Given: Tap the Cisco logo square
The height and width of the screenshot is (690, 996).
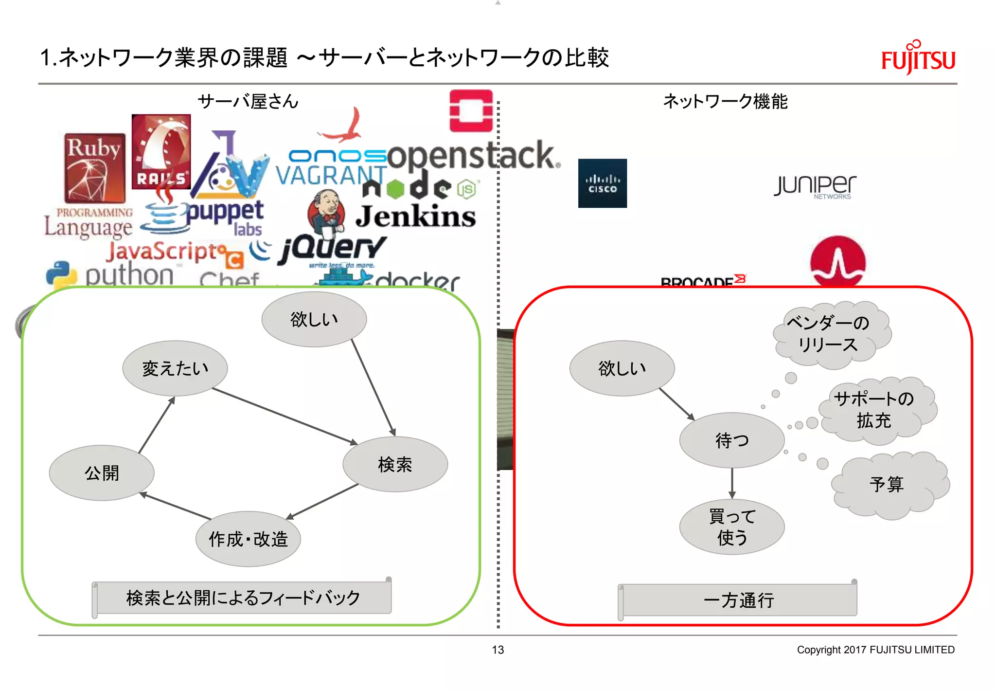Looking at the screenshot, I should (x=602, y=183).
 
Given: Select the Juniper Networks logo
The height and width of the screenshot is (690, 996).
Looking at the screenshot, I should (x=815, y=186).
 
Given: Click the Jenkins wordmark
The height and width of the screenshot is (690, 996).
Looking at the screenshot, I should (x=416, y=217).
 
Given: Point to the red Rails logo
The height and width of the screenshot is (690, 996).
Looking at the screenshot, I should (x=161, y=152).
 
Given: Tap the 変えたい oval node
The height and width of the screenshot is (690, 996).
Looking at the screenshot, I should (x=175, y=368).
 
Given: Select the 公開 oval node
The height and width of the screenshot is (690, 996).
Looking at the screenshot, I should (x=102, y=472).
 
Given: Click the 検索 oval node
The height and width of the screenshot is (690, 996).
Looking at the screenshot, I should (x=395, y=464).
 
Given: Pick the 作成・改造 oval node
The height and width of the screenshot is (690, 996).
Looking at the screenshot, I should (x=248, y=539).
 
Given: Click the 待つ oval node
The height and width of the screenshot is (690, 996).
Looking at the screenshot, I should (x=732, y=440).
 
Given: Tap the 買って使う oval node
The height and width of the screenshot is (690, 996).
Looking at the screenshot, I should (x=732, y=527).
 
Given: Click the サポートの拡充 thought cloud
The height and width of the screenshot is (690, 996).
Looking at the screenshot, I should (x=875, y=410).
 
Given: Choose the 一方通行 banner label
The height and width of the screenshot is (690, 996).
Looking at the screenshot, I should (x=738, y=600).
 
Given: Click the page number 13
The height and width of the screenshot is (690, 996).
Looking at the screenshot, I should (x=498, y=650).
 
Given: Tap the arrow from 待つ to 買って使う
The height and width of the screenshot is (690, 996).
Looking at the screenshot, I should (x=732, y=483).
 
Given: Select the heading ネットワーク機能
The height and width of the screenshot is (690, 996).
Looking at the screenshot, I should (x=725, y=101).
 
